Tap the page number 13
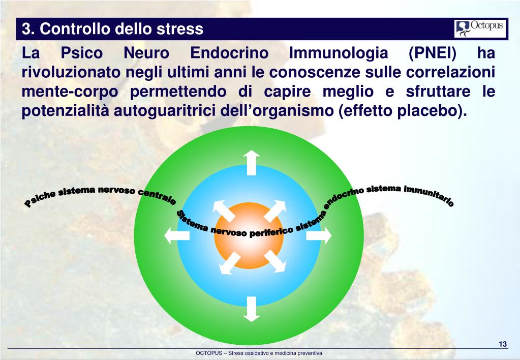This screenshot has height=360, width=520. click(x=502, y=345)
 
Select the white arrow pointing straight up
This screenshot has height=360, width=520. click(x=251, y=162)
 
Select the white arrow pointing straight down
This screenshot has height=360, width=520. click(x=251, y=309)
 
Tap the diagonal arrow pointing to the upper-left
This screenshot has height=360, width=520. click(x=222, y=209)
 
